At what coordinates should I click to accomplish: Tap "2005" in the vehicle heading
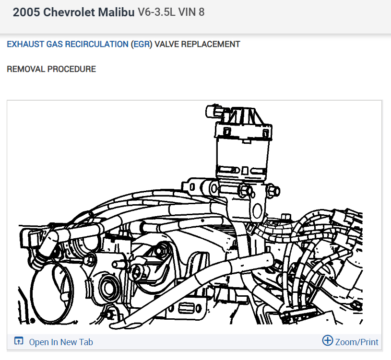[26, 12]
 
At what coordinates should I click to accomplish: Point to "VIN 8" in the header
[191, 12]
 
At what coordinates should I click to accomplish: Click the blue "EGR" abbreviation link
[142, 44]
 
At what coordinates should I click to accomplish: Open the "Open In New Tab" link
[61, 342]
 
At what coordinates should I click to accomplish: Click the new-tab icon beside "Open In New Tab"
[19, 342]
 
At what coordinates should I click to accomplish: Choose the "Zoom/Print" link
[356, 342]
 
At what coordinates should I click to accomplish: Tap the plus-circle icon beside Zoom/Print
[327, 341]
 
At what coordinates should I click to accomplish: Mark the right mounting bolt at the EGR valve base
[274, 191]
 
